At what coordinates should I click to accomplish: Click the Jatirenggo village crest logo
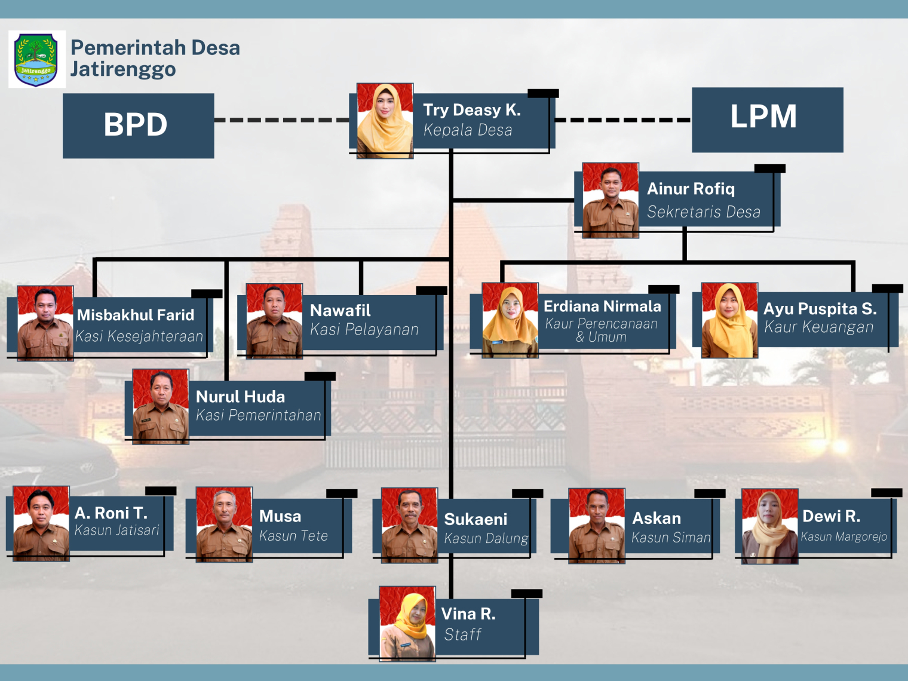click(36, 59)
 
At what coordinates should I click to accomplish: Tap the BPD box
click(138, 125)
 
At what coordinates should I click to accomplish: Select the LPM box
click(767, 119)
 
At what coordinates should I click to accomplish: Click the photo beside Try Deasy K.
click(385, 121)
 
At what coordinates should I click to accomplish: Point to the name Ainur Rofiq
click(691, 189)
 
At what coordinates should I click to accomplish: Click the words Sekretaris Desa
click(703, 212)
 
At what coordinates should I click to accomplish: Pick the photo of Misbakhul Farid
click(45, 323)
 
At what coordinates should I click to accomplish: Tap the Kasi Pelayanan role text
click(364, 330)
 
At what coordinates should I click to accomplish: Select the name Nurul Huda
click(240, 397)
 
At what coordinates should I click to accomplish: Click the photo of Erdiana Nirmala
click(510, 320)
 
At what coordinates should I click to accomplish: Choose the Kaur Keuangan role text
click(818, 327)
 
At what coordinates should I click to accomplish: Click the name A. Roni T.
click(111, 513)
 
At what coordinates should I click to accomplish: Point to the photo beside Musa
click(224, 524)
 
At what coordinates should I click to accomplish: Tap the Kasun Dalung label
click(486, 539)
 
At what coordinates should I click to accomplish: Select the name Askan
click(657, 518)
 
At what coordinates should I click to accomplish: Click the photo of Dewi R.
click(769, 526)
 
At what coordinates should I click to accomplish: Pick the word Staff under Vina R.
click(462, 634)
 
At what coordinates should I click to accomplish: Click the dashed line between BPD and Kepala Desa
click(281, 120)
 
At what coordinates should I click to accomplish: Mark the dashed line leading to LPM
click(622, 120)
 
